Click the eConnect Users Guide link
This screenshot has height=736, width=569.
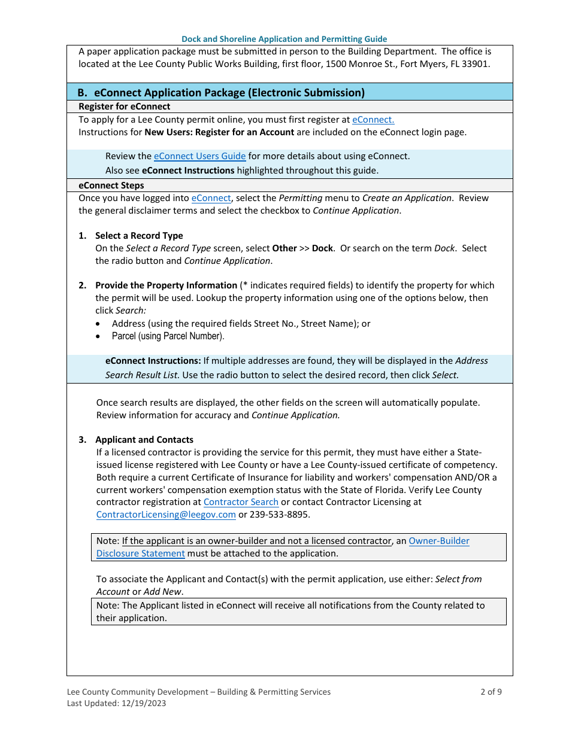click(199, 156)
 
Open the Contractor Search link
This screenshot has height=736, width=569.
click(241, 502)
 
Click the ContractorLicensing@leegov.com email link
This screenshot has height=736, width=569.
click(166, 515)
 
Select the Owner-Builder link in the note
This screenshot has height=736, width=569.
click(438, 541)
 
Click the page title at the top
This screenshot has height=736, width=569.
click(284, 39)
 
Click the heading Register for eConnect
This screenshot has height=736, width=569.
click(125, 107)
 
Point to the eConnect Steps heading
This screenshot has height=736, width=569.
click(111, 185)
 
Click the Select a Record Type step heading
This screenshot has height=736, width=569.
click(139, 236)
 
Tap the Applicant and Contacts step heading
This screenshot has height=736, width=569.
click(144, 440)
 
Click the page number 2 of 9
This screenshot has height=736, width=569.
click(491, 692)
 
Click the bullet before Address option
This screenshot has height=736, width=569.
click(98, 324)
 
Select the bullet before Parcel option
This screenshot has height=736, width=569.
click(98, 336)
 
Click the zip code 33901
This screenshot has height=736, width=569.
click(477, 63)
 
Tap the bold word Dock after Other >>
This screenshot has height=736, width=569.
click(322, 248)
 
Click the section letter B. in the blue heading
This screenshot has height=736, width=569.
click(83, 93)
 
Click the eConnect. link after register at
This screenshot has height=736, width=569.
click(373, 120)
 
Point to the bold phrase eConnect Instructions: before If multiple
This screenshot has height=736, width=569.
click(153, 361)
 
